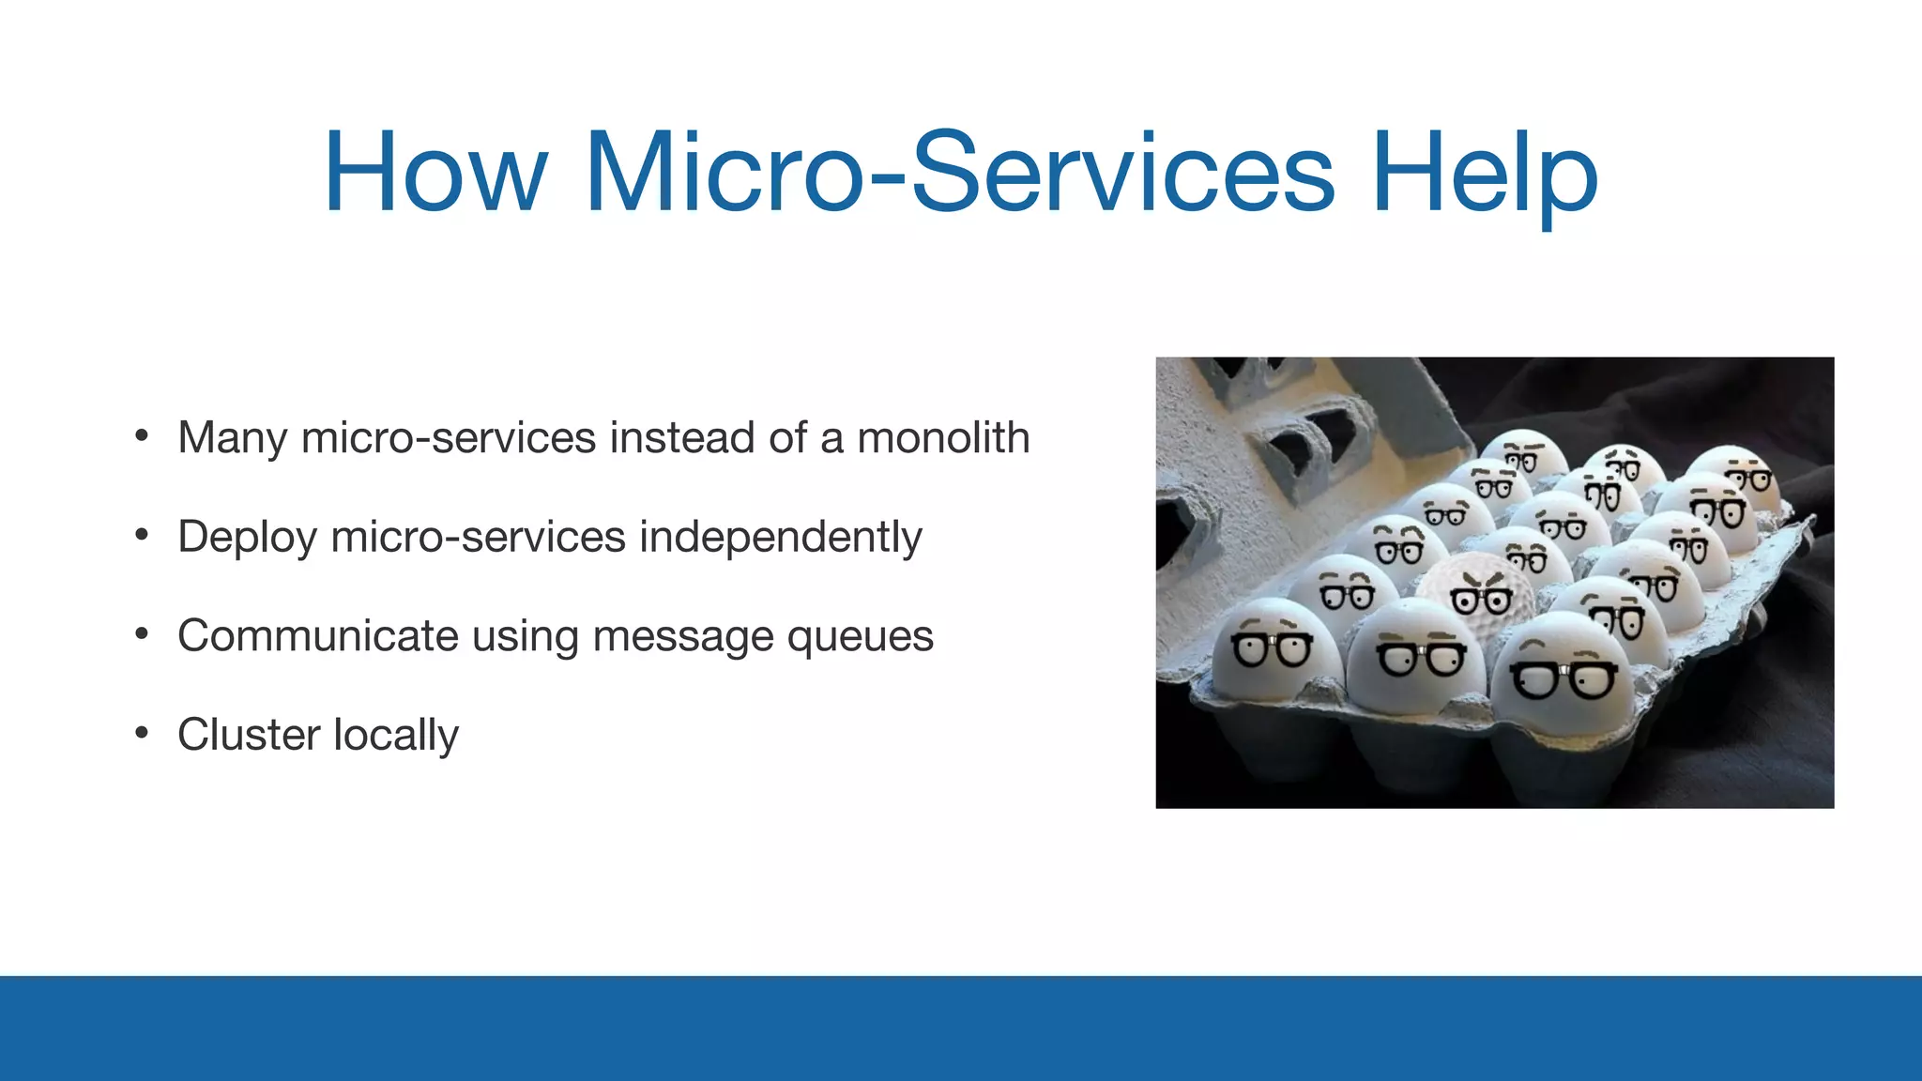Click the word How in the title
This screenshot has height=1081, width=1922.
(435, 174)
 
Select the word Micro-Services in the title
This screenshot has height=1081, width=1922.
(958, 174)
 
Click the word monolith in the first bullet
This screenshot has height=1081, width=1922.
(943, 437)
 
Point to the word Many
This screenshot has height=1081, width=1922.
(232, 439)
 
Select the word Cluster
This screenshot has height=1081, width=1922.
(248, 735)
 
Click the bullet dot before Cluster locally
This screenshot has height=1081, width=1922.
(142, 732)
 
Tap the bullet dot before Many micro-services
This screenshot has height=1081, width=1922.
(142, 435)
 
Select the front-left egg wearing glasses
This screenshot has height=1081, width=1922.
(1274, 652)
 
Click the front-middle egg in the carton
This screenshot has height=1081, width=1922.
(1416, 657)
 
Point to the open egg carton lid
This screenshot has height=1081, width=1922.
(1295, 450)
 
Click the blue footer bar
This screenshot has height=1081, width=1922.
(961, 1028)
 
